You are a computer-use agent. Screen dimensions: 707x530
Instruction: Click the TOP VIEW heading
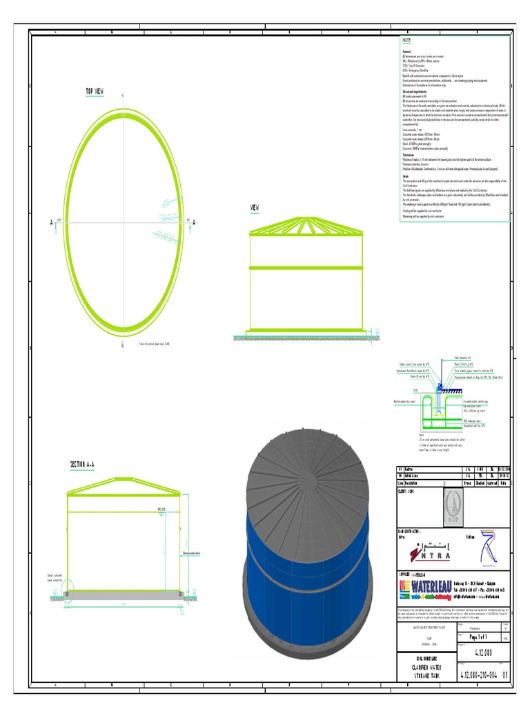(95, 91)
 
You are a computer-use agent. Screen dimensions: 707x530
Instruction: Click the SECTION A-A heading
(83, 464)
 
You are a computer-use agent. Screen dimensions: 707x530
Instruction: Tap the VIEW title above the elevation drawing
(255, 207)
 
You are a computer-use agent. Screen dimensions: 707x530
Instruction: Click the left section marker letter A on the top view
(51, 223)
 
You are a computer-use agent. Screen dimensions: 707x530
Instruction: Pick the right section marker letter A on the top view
(194, 222)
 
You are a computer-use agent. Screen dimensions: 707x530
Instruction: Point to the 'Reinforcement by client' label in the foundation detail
(404, 400)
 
